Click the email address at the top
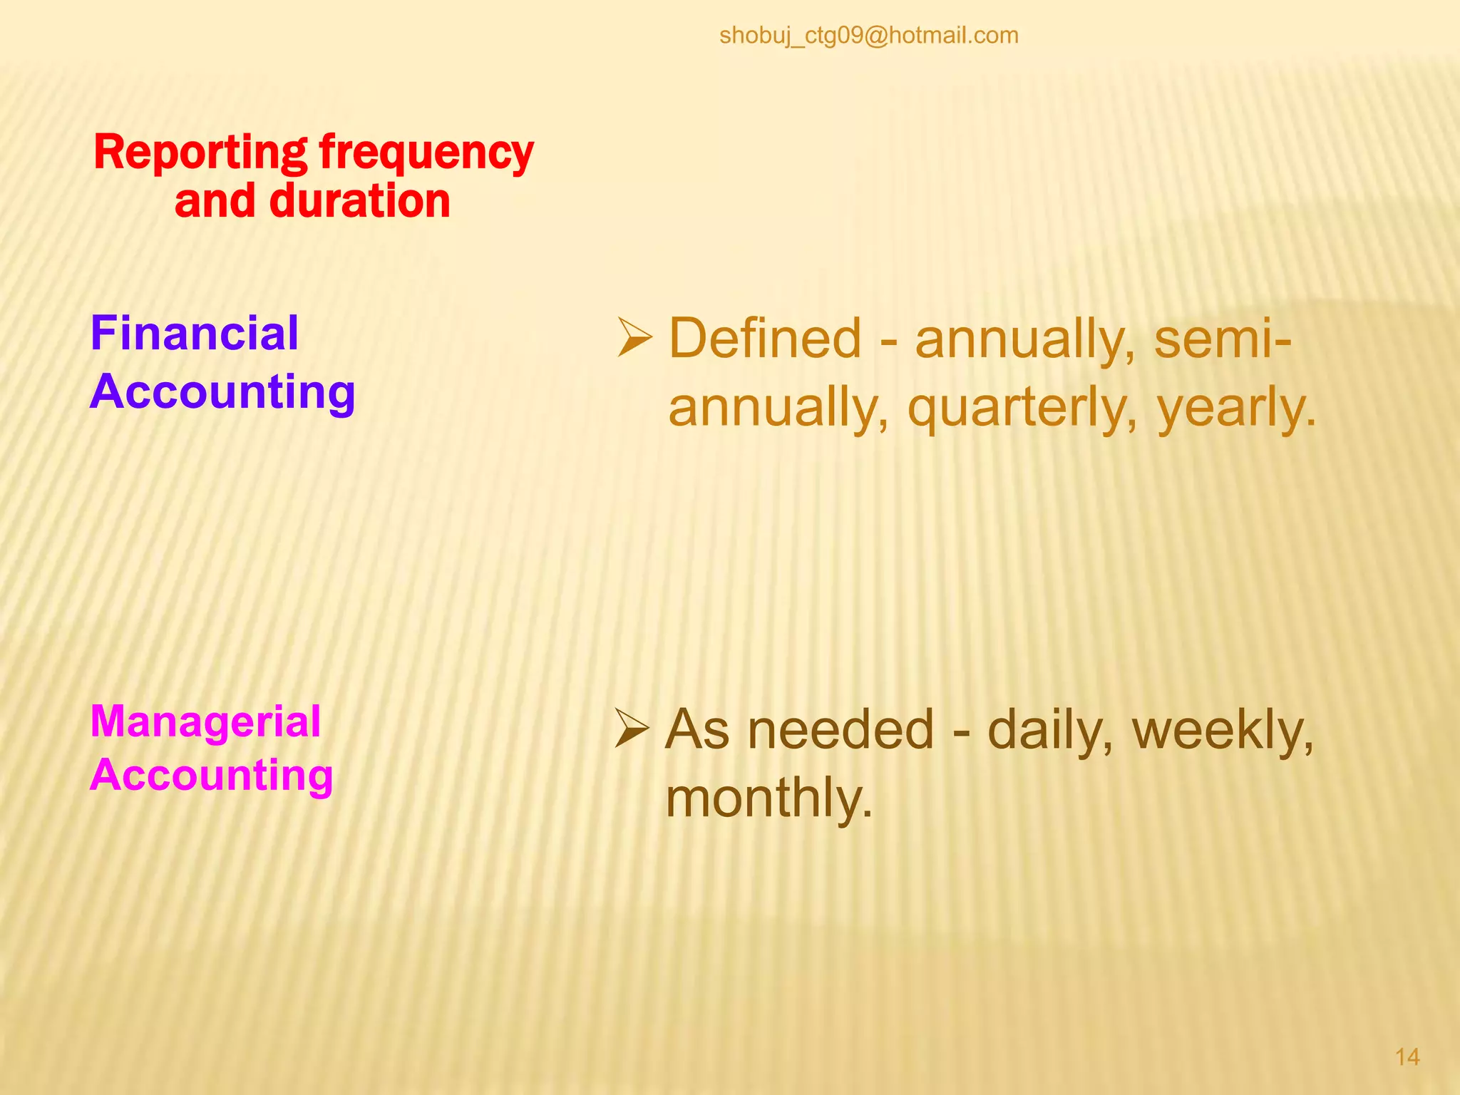click(868, 35)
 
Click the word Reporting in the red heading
click(200, 153)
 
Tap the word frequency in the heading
click(426, 153)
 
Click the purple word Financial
click(194, 334)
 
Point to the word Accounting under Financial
click(222, 392)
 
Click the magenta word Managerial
click(205, 721)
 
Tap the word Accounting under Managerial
click(211, 775)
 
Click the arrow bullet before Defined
click(634, 338)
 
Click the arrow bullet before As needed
click(632, 729)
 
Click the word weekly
click(1222, 730)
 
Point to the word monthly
click(768, 798)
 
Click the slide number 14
click(1407, 1057)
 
